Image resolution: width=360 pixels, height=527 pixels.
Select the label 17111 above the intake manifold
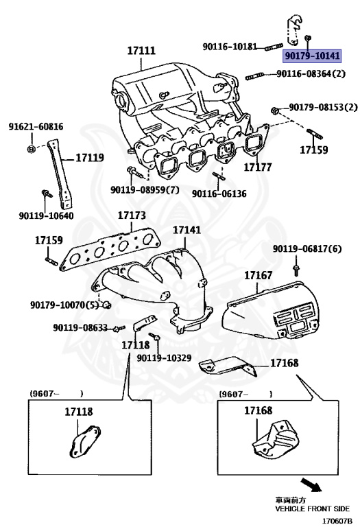click(x=141, y=51)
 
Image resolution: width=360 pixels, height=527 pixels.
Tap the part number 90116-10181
click(x=230, y=47)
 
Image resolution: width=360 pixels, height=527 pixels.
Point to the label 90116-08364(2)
click(x=311, y=73)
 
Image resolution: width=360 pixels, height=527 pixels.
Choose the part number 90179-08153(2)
click(x=323, y=108)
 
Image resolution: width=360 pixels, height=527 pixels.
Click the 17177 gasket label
click(x=258, y=167)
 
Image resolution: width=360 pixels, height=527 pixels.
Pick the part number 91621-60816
click(x=36, y=127)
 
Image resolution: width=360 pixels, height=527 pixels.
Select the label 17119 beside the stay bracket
click(x=89, y=158)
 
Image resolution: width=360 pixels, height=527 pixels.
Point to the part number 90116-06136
click(x=219, y=194)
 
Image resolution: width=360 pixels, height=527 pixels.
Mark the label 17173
click(x=132, y=215)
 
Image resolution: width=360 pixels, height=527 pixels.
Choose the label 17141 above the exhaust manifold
click(x=187, y=231)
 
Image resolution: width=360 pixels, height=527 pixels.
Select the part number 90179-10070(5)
click(x=63, y=304)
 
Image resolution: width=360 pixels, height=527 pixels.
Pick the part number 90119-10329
click(x=164, y=358)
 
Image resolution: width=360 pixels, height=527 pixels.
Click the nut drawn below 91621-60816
click(x=32, y=148)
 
